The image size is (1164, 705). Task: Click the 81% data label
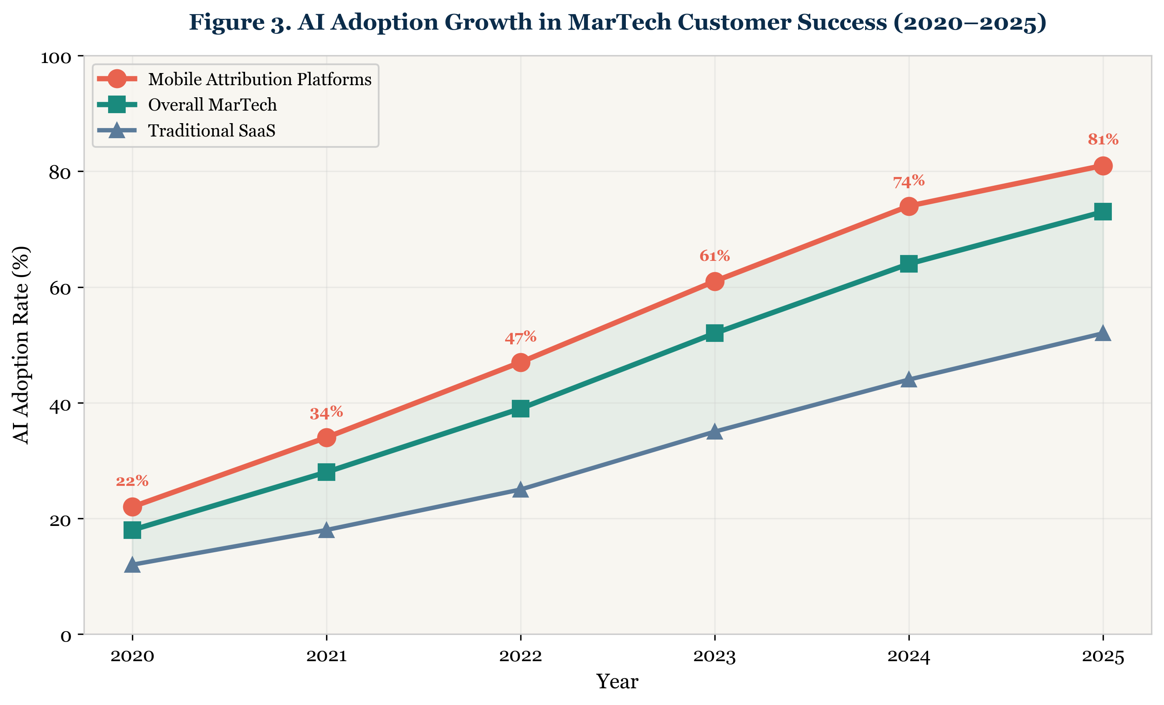[x=1103, y=140]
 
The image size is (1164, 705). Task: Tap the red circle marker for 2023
[x=715, y=282]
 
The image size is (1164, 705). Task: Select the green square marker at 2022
[x=521, y=409]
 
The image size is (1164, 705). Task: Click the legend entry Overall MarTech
[x=212, y=105]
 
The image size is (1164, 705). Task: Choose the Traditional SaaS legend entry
[x=211, y=131]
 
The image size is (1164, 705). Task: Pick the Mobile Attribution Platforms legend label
[x=259, y=79]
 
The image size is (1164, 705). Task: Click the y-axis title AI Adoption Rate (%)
[x=21, y=345]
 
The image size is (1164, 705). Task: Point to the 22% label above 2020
[x=132, y=482]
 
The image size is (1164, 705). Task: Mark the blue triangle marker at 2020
[x=132, y=565]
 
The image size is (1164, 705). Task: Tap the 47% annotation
[x=521, y=338]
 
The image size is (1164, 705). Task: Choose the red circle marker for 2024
[x=909, y=206]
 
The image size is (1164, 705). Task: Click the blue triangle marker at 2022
[x=521, y=490]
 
